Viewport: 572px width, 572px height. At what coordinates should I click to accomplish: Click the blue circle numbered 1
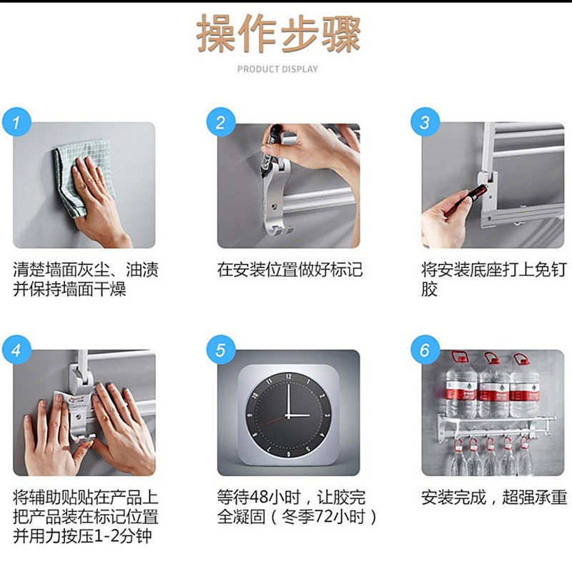16,122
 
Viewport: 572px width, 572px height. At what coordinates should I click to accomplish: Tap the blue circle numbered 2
221,122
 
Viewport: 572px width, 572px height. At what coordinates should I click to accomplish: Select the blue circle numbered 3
425,122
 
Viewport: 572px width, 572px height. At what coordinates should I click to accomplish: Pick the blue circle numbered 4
16,350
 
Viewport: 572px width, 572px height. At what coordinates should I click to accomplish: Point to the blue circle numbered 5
221,350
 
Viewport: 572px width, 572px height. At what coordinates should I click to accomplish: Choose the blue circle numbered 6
425,350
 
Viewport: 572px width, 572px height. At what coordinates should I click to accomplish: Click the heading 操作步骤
278,34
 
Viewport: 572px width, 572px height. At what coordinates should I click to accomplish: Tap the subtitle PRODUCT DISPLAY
277,69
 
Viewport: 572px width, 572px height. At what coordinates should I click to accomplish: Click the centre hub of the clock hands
288,415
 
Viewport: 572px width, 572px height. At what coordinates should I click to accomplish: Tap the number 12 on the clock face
288,376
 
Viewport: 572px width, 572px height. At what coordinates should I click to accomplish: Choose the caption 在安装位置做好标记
290,270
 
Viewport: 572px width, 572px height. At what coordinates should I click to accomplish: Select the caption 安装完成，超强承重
494,497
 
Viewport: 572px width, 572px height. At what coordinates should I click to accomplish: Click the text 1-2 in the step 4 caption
106,536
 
